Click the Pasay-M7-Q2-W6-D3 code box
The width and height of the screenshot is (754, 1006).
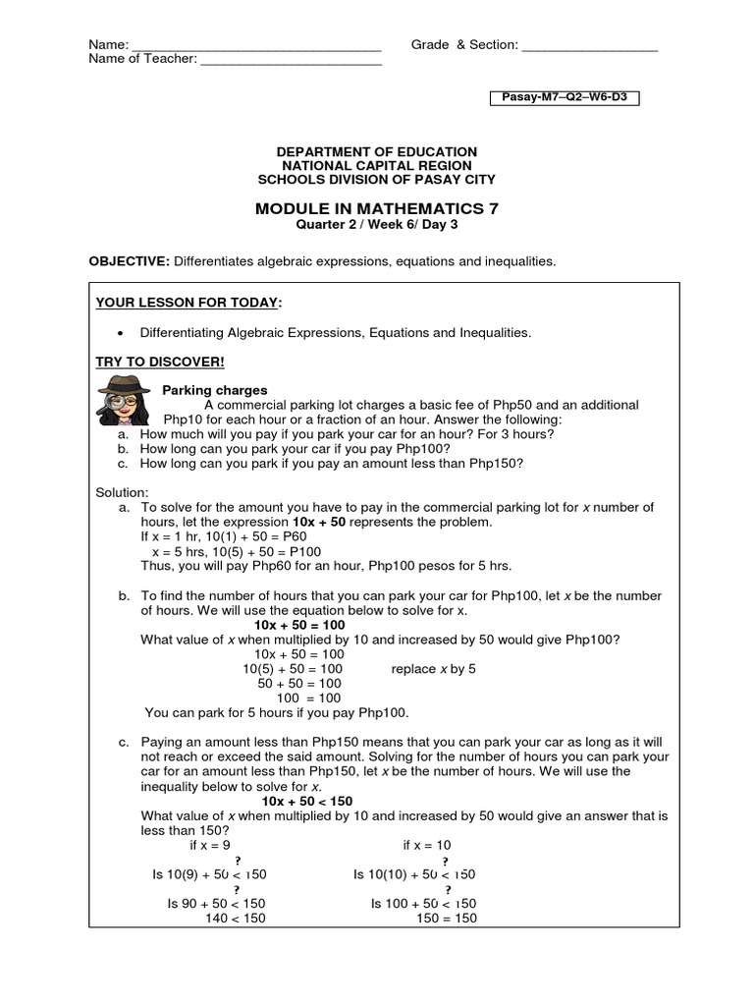[x=565, y=98]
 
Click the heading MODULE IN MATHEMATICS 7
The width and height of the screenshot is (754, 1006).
[x=377, y=208]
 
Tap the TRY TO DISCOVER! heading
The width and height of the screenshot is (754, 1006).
[x=160, y=362]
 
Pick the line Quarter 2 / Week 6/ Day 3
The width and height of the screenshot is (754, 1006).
[x=377, y=224]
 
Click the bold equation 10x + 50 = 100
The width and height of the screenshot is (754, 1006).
[x=299, y=625]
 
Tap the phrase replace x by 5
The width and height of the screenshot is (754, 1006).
[x=433, y=669]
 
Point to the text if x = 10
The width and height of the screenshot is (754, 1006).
[x=427, y=844]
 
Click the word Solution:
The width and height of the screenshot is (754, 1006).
[x=122, y=491]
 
